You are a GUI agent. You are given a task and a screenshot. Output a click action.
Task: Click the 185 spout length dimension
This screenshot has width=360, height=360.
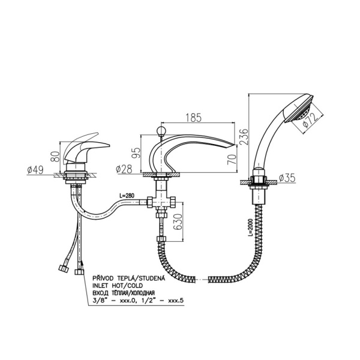[193, 118]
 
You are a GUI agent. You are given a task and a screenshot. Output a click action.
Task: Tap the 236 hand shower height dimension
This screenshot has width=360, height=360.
[244, 136]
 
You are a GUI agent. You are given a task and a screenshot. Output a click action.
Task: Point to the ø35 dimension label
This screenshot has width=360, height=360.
[287, 178]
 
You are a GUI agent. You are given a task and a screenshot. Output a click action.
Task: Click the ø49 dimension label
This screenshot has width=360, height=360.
[35, 170]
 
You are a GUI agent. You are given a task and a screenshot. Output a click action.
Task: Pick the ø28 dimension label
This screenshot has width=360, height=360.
[124, 169]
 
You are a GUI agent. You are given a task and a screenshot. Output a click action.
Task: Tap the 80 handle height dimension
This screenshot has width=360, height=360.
[56, 156]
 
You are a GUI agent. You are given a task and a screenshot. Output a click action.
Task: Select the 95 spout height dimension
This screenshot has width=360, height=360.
[136, 153]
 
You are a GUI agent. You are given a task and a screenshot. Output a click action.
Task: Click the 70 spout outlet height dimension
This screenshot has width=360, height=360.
[232, 159]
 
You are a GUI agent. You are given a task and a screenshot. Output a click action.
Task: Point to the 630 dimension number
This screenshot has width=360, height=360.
[178, 222]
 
